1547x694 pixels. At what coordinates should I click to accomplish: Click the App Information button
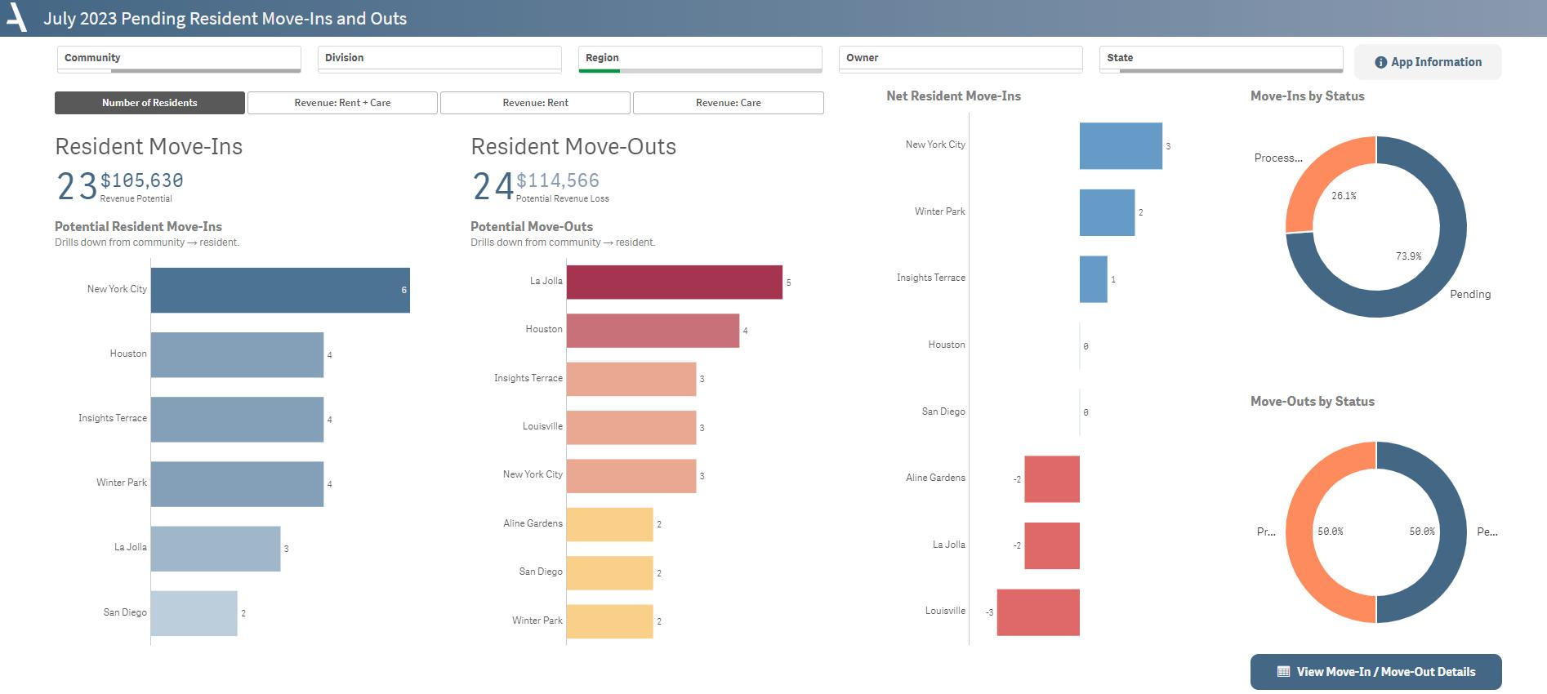coord(1428,62)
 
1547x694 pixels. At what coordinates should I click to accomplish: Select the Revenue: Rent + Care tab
coord(342,103)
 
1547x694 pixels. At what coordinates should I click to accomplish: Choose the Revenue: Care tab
coord(728,103)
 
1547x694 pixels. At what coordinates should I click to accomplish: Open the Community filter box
coord(179,58)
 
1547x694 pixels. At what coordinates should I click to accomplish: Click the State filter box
coord(1220,58)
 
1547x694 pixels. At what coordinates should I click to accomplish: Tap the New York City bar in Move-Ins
coord(280,290)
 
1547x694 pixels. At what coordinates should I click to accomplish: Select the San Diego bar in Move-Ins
coord(194,613)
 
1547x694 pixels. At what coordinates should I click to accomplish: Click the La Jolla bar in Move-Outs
coord(674,282)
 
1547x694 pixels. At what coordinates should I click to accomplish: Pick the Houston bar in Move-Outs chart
coord(652,331)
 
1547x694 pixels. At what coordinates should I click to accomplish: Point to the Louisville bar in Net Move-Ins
coord(1038,612)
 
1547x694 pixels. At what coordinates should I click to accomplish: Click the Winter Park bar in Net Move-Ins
coord(1107,212)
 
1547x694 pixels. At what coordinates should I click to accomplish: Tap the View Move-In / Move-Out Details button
coord(1375,672)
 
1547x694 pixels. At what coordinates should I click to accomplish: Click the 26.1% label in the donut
coord(1344,196)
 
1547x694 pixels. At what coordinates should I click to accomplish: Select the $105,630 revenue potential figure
coord(142,180)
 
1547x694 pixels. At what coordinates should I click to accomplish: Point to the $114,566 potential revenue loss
coord(558,180)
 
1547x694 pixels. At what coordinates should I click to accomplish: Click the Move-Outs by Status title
coord(1312,401)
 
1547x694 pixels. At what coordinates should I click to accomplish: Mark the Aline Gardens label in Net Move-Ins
coord(935,478)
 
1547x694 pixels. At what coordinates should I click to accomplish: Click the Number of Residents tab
coord(149,103)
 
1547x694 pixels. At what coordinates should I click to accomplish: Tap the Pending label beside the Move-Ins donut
coord(1469,294)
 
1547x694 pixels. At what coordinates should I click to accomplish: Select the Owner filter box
coord(960,58)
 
